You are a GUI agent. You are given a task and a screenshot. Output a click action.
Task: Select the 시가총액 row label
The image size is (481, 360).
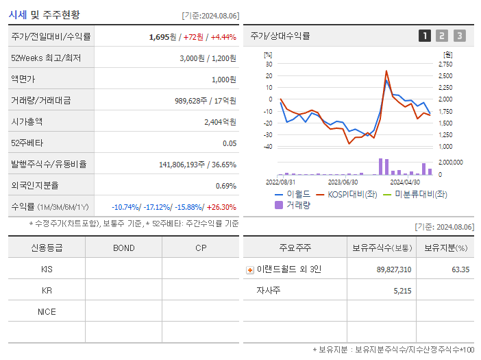click(x=27, y=121)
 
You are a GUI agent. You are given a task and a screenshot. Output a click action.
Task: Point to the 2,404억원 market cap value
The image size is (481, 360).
click(x=220, y=121)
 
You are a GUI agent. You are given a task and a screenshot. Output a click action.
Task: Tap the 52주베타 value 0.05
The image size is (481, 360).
click(x=230, y=143)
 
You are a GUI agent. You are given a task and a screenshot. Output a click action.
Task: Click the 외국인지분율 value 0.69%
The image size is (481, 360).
click(x=226, y=186)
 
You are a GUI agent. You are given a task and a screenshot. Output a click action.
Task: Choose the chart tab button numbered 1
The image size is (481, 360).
click(x=425, y=36)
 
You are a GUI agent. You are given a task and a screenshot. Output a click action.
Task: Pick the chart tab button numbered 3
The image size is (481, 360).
click(x=459, y=36)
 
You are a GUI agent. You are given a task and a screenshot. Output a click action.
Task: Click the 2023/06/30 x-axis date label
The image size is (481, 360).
click(x=343, y=182)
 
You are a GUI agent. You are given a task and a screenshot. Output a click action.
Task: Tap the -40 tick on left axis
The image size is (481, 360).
click(x=267, y=146)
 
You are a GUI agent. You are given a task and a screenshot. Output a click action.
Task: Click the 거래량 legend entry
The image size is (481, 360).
click(x=293, y=204)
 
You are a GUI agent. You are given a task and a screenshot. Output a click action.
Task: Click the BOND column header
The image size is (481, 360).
click(x=123, y=248)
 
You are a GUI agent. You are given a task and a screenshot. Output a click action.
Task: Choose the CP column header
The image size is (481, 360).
click(x=200, y=248)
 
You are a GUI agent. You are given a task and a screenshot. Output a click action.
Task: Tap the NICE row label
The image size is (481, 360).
click(x=47, y=311)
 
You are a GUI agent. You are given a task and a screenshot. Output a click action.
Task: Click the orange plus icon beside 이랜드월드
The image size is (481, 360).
click(x=249, y=269)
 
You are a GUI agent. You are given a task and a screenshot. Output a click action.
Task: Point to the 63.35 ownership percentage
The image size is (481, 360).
click(x=460, y=269)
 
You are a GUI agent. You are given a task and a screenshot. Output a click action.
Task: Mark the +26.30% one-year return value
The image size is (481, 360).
click(x=221, y=207)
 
